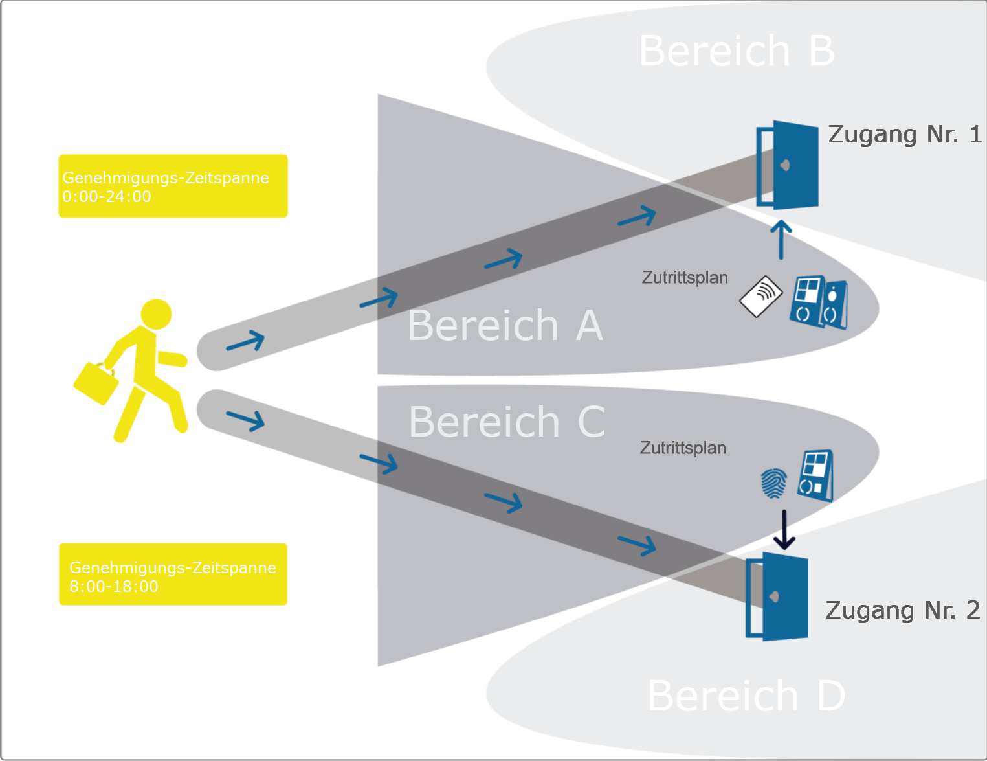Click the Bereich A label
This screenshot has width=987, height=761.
[505, 325]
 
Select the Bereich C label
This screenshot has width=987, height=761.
[507, 422]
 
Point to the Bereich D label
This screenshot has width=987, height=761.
[746, 696]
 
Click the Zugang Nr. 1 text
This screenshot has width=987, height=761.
[905, 135]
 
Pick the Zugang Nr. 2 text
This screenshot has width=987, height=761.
[902, 610]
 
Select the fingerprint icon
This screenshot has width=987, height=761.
[773, 483]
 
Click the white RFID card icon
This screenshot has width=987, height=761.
[761, 297]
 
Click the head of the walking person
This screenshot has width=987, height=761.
[156, 314]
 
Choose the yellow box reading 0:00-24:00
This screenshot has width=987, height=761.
[173, 186]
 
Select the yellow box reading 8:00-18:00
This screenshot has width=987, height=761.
[173, 574]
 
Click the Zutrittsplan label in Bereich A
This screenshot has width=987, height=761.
[685, 278]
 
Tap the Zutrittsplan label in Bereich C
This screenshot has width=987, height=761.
[683, 448]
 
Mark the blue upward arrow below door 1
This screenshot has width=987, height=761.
[781, 239]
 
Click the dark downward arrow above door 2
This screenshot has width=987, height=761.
[784, 530]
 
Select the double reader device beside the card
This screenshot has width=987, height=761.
[819, 302]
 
